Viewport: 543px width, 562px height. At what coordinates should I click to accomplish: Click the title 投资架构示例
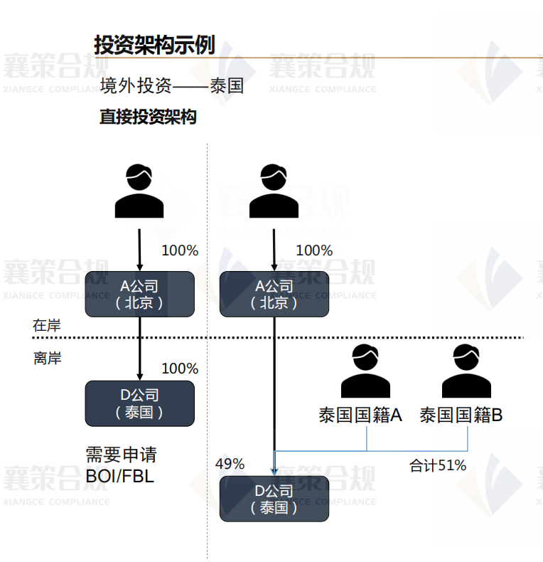point(154,44)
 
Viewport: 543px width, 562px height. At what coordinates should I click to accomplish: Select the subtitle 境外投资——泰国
point(172,86)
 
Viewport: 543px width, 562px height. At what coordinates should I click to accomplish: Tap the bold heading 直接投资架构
point(148,117)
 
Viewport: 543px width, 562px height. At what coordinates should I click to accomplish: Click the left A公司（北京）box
point(139,294)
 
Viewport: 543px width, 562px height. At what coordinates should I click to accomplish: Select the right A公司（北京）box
point(274,294)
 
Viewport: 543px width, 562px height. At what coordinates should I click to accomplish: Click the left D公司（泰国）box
point(139,403)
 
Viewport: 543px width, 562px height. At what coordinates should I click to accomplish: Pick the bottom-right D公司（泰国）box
point(274,499)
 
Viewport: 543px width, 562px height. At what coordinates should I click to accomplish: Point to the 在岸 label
point(47,325)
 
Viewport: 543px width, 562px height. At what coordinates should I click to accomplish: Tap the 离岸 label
point(47,358)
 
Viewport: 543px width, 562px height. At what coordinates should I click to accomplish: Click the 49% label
point(230,464)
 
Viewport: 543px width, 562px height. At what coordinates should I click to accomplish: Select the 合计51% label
point(438,466)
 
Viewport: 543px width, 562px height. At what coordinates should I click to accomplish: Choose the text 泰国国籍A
point(360,415)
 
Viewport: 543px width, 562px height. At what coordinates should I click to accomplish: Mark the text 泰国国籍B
point(461,415)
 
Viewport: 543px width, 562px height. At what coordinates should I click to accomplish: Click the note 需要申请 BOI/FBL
point(121,465)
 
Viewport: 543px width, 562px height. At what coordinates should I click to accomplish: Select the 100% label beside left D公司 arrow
point(180,369)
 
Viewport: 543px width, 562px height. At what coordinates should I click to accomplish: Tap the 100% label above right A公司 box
point(313,250)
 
